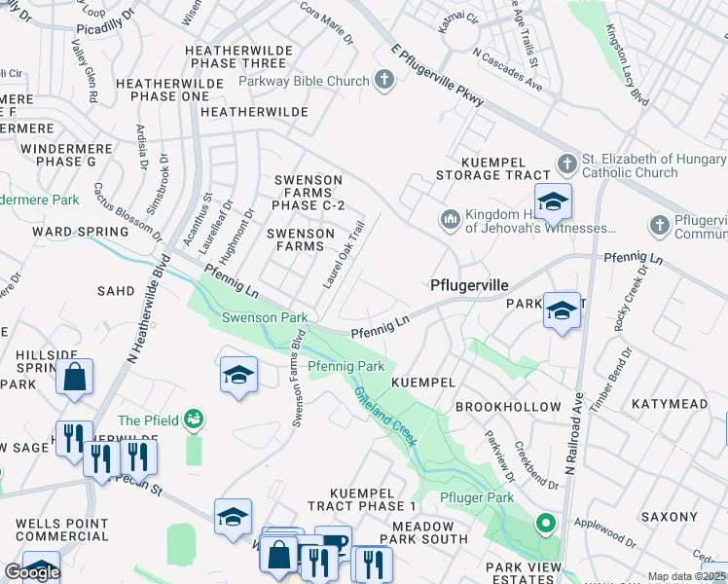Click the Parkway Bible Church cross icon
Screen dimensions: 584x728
coord(384,81)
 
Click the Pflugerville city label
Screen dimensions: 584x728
coord(469,285)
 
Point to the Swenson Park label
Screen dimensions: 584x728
coord(265,317)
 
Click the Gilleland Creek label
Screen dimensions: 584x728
coord(385,418)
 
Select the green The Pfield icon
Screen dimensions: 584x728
coord(194,420)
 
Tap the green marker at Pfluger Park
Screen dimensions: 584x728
coord(546,524)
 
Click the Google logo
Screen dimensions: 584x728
coord(32,572)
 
